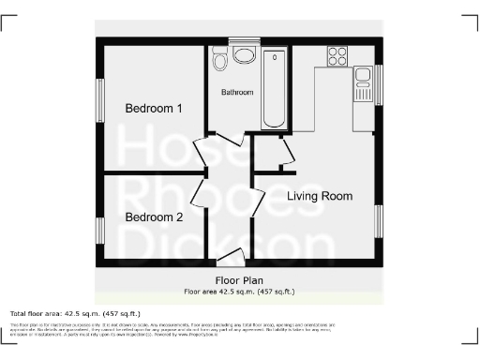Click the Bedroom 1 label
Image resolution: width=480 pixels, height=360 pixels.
click(154, 109)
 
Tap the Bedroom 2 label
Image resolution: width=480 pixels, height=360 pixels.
click(154, 217)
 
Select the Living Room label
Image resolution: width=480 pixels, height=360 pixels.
click(320, 196)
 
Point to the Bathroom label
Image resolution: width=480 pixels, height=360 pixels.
click(239, 93)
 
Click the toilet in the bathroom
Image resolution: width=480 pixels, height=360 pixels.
click(219, 62)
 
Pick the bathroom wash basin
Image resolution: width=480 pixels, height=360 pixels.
click(245, 54)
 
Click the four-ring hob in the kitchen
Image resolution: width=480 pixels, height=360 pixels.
click(337, 55)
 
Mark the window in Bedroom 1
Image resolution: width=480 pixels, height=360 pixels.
click(99, 99)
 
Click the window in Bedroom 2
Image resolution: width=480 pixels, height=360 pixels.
click(99, 231)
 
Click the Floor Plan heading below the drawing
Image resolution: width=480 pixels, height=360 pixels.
click(239, 279)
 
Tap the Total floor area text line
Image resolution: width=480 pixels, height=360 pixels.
click(75, 313)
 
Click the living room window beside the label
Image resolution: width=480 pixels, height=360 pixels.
click(379, 219)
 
